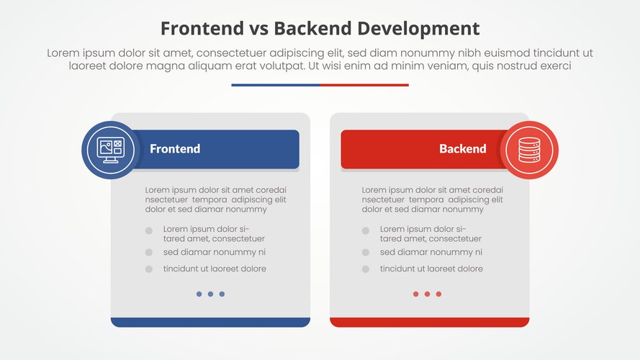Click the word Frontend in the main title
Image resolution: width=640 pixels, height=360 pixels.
point(196,28)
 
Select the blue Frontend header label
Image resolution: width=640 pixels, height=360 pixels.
point(175,149)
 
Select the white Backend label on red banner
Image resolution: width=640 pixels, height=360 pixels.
point(462,149)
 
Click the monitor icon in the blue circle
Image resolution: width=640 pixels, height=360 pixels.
point(110,150)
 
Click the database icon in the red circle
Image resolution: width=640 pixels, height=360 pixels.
point(529,150)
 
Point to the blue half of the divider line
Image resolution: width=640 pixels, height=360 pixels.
point(276,85)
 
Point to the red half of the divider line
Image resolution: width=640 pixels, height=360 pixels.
point(364,85)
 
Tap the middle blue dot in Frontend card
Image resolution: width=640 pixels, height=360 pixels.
point(210,294)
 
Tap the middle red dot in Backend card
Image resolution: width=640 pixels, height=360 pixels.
point(427,294)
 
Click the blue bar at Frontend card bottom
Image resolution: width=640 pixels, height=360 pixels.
point(210,322)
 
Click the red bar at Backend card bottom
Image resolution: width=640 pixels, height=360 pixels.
point(429,322)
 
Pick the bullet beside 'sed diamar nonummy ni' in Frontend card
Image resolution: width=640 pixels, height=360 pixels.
point(149,253)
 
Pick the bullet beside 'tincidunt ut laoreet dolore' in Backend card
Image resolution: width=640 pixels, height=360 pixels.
point(366,269)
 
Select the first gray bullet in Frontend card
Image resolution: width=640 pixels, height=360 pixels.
point(149,231)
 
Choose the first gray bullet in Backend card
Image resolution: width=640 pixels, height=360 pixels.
point(366,231)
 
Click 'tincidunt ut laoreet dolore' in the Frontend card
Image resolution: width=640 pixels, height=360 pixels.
point(215,269)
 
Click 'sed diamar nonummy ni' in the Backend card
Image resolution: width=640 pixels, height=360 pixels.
point(431,253)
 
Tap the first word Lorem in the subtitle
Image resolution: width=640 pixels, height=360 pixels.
point(63,53)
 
